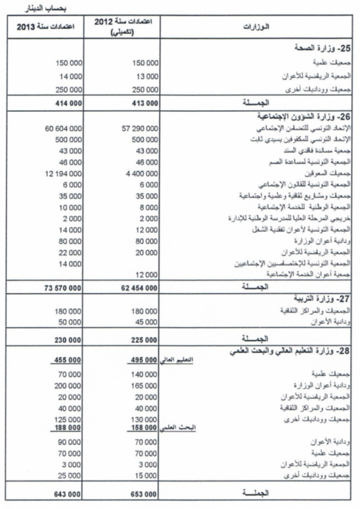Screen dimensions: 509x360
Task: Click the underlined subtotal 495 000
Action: coord(143,360)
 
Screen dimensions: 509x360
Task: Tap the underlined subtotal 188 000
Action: coord(68,427)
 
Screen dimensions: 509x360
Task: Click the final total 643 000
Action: coord(68,494)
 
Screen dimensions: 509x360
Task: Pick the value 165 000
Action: coord(146,385)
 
